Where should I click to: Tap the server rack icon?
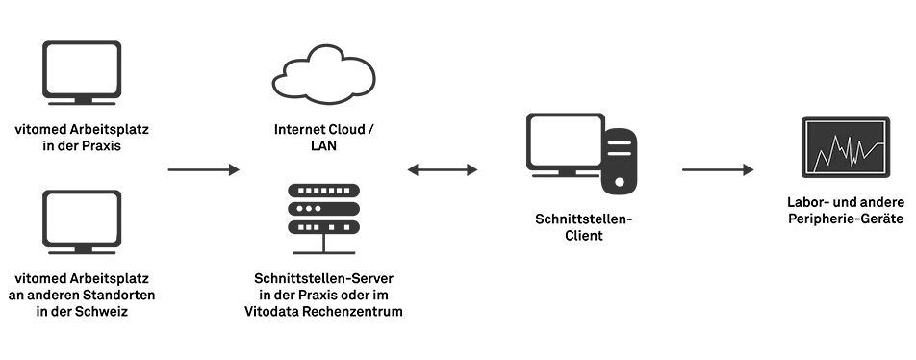pos(323,219)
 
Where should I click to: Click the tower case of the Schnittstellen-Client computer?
pos(620,161)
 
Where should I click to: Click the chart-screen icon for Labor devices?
pos(846,146)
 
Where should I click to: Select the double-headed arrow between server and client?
pos(443,170)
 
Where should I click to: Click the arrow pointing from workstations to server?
pos(204,170)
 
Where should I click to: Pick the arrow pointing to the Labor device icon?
pos(718,170)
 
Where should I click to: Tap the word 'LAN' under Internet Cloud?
pos(323,146)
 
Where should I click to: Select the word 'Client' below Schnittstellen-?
pos(584,236)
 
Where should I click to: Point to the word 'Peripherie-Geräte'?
pos(846,219)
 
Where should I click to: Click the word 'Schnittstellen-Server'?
pos(323,278)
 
